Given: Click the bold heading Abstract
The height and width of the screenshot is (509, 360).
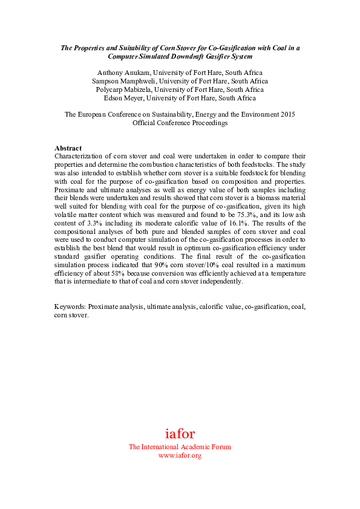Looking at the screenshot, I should tap(68, 148).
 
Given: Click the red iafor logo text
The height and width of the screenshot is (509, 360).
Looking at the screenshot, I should tap(180, 433).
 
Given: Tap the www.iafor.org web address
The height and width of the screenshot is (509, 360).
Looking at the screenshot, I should tap(180, 455).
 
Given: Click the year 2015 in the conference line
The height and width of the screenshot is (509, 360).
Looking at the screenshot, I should tap(286, 114).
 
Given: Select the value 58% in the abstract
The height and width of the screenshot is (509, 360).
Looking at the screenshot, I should tap(110, 273).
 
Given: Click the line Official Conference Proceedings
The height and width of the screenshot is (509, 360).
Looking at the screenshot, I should tap(180, 123).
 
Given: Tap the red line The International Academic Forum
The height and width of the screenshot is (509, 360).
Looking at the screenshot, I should tap(180, 447).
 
